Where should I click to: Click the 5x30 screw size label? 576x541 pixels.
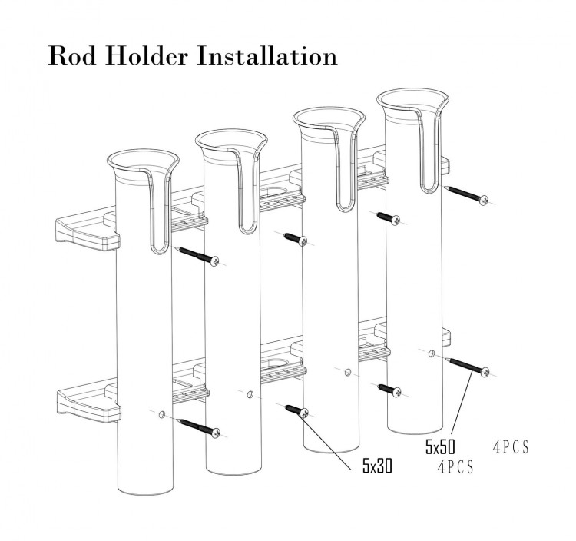377,466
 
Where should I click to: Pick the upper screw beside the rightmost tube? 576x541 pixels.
468,194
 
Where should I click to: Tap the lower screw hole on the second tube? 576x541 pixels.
250,396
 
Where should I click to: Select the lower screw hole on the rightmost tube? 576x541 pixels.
431,354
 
